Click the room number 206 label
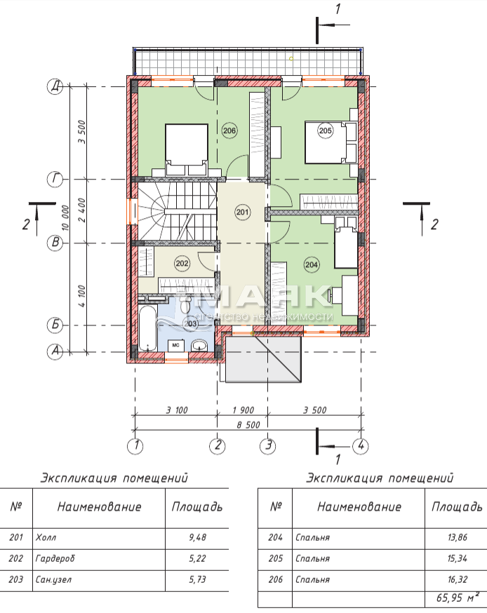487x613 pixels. pos(229,130)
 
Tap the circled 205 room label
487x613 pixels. pos(326,130)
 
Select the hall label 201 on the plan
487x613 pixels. pos(243,213)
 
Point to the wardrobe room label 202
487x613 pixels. pos(182,264)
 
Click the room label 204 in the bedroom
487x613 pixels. pos(312,264)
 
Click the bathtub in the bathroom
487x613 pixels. pos(148,329)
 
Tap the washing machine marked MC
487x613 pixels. pos(175,346)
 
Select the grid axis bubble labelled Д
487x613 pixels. pos(55,86)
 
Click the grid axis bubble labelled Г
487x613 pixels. pos(55,180)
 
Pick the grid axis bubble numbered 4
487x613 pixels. pos(360,445)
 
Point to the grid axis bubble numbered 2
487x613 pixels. pos(218,445)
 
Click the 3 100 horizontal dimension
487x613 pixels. pos(177,410)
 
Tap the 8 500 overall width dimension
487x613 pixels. pos(248,424)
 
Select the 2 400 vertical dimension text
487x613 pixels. pos(81,210)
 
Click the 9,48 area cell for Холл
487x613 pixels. pos(197,537)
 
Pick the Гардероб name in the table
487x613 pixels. pos(55,559)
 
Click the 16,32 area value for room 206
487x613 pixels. pos(458,579)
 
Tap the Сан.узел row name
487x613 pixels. pos(53,580)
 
